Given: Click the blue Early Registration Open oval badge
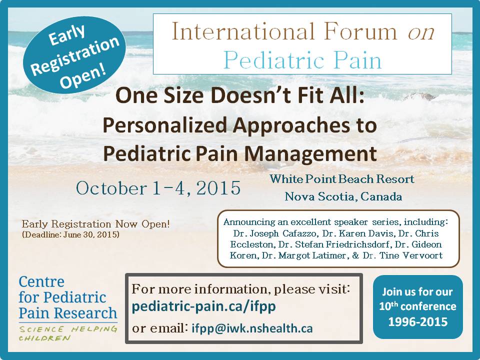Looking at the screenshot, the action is click(x=74, y=55).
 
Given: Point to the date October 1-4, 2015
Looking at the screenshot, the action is click(x=158, y=187).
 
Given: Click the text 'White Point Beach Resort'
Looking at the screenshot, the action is click(x=341, y=179).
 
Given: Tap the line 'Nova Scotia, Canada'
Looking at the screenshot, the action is click(x=343, y=196).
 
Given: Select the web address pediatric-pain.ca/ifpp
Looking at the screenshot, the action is click(x=204, y=306).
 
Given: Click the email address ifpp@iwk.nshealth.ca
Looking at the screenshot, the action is click(x=252, y=328).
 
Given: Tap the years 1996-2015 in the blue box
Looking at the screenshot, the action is click(x=418, y=321).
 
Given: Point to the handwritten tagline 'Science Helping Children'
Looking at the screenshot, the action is click(x=68, y=333).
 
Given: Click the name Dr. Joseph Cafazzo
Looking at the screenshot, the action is click(x=274, y=233).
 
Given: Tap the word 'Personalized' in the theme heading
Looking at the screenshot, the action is click(x=164, y=125).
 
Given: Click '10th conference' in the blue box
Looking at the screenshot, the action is click(x=418, y=306).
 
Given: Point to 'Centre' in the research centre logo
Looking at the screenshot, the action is click(x=41, y=281).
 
